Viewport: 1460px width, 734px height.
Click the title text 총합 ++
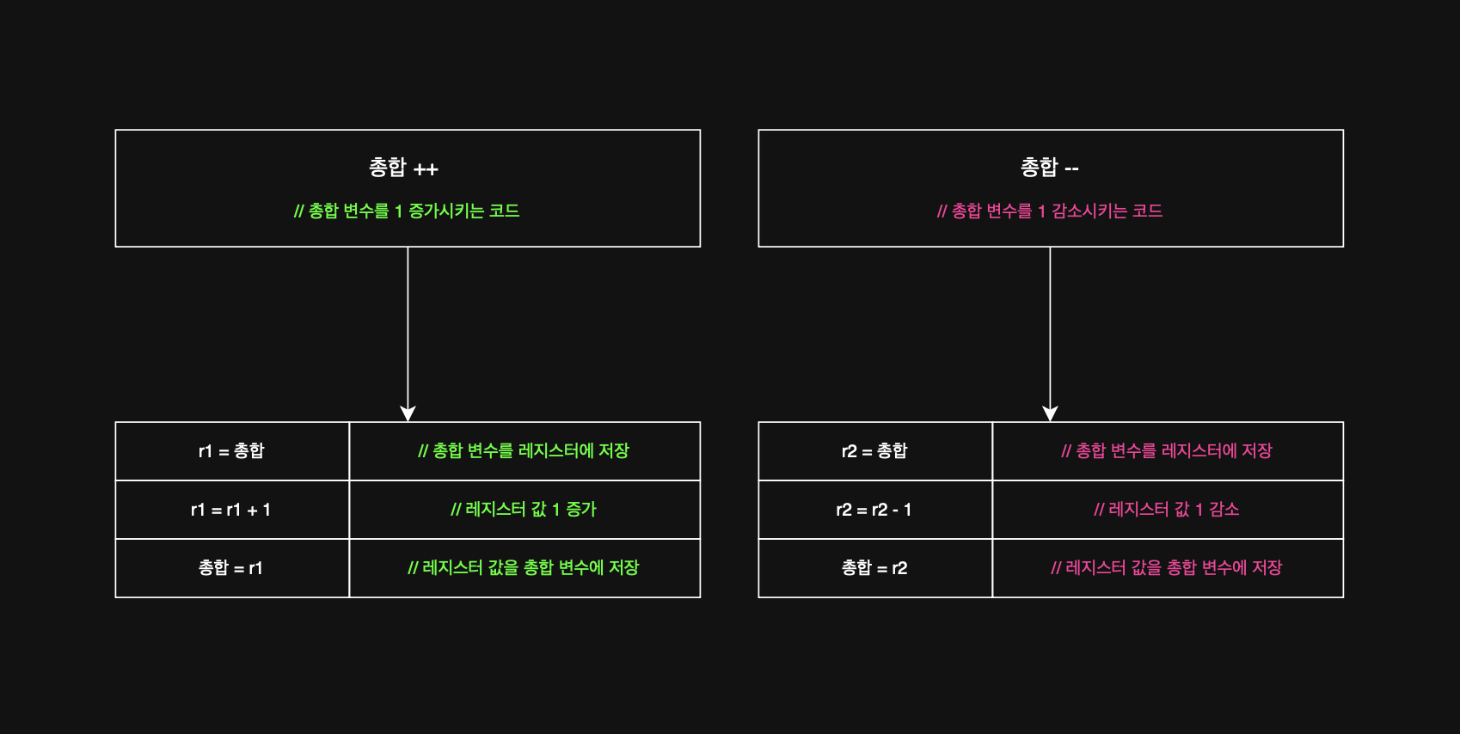coord(403,167)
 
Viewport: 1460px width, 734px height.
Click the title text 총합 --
coord(1049,167)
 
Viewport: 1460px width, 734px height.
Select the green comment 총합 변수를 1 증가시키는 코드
coord(407,211)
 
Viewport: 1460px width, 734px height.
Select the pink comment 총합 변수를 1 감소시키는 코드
coord(1049,211)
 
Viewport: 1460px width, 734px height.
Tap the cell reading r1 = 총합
coord(231,451)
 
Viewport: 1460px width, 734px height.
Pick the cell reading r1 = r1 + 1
coord(231,510)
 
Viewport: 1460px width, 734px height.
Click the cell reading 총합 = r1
coord(231,568)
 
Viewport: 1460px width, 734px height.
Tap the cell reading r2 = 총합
coord(874,451)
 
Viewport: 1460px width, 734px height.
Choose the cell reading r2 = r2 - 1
coord(874,510)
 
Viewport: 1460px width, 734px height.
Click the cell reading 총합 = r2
coord(874,568)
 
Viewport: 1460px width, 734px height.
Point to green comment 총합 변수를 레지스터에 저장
coord(524,451)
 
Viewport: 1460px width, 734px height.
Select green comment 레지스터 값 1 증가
coord(524,510)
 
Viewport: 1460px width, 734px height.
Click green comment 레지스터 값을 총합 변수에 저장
coord(524,568)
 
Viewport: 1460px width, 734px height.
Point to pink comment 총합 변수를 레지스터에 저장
coord(1167,451)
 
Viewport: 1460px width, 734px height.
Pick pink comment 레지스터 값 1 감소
coord(1167,510)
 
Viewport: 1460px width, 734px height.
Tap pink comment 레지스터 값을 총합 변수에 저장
coord(1167,568)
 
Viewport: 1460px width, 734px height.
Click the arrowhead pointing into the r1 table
coord(408,413)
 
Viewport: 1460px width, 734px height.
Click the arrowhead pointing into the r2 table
coord(1050,413)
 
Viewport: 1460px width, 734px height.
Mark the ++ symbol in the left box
coord(426,169)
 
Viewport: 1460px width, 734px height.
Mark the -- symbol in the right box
coord(1071,169)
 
